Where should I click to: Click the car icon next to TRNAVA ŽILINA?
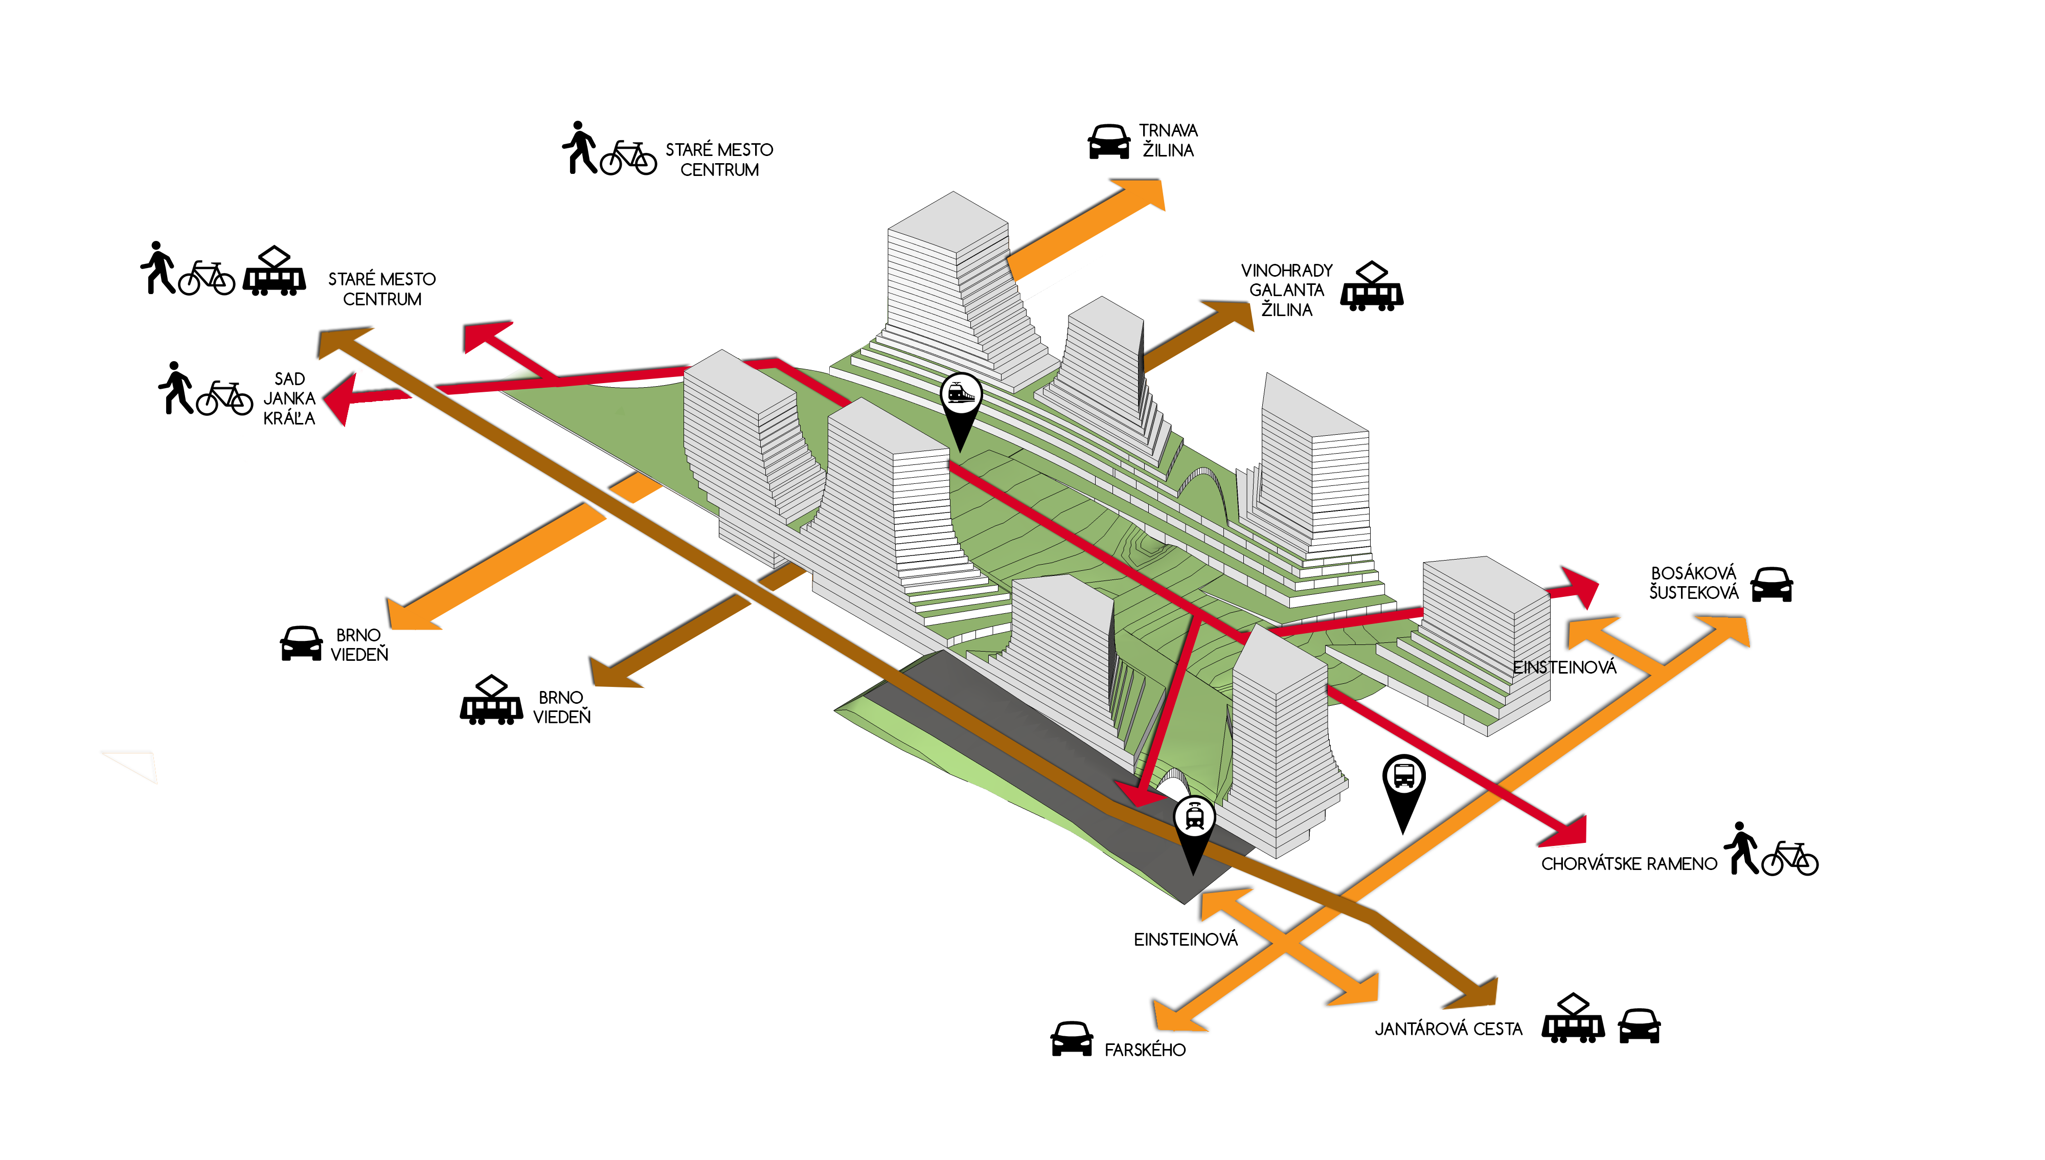click(1108, 142)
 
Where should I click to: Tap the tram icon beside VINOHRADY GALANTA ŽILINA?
click(1371, 287)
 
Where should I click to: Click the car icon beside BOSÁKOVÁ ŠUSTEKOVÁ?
click(1771, 584)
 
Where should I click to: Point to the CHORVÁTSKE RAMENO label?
click(1628, 864)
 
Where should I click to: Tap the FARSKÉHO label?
click(1144, 1050)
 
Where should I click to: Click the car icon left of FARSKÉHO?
click(1072, 1039)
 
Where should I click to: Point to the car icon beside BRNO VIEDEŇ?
click(301, 644)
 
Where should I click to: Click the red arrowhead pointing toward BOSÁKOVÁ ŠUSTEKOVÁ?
click(1578, 587)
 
